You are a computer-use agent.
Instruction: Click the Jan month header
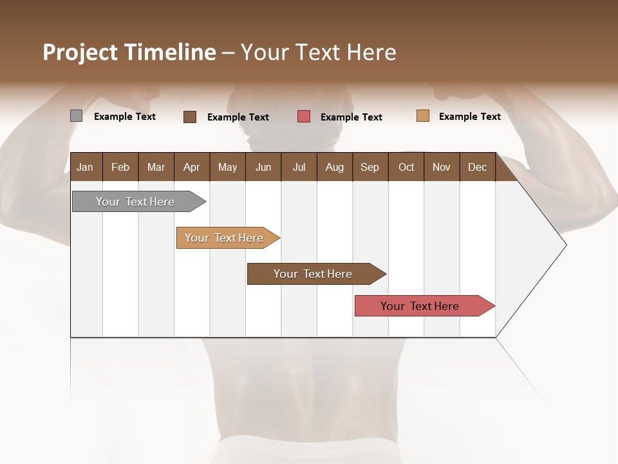click(x=85, y=167)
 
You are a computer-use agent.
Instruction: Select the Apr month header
click(x=191, y=167)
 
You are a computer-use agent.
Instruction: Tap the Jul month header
click(x=299, y=167)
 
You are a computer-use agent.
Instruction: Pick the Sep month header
click(x=370, y=167)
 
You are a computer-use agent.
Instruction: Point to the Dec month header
click(x=477, y=167)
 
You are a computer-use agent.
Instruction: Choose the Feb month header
click(x=120, y=167)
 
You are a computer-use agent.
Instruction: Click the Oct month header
click(x=406, y=167)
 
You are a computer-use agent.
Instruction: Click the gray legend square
click(x=76, y=116)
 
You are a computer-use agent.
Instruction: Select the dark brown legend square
click(x=190, y=117)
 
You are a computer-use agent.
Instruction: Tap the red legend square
click(x=304, y=117)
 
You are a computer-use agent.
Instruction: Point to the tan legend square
click(x=422, y=116)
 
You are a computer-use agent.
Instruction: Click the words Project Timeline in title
click(x=129, y=52)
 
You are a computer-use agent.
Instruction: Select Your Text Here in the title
click(x=319, y=52)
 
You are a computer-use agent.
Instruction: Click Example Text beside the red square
click(x=351, y=117)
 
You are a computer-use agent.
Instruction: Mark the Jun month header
click(x=263, y=167)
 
